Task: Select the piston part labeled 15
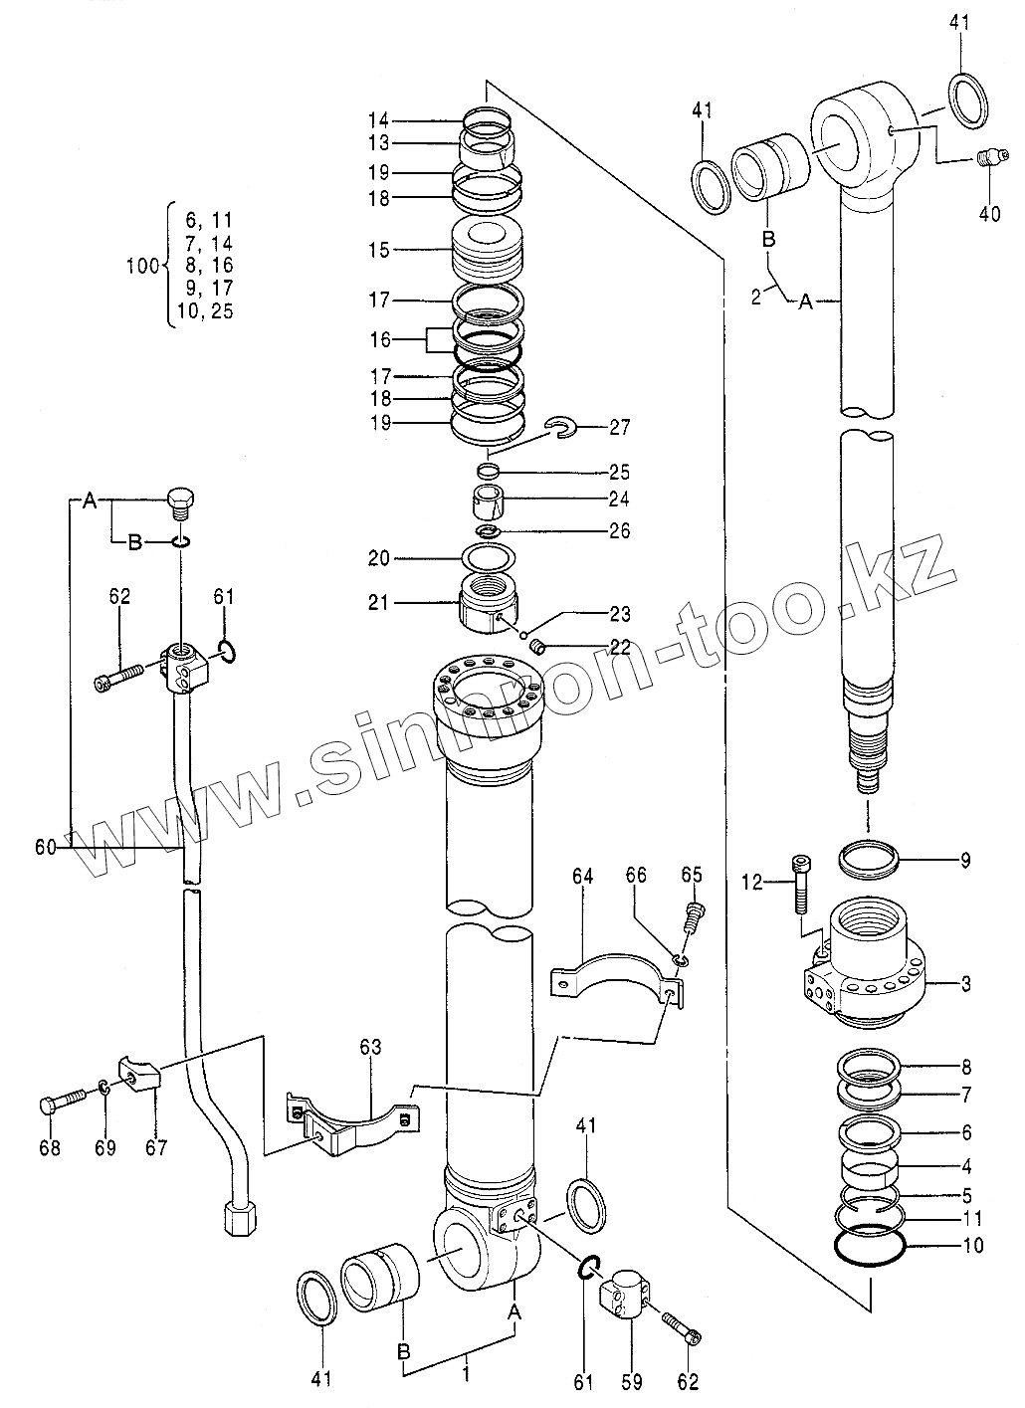487,251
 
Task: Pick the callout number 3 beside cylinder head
964,985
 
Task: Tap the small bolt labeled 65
694,913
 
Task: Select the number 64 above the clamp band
583,876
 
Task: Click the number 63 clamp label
370,1047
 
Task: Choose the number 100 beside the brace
143,266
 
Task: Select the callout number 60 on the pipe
45,847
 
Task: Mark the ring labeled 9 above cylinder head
870,859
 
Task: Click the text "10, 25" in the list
206,310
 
